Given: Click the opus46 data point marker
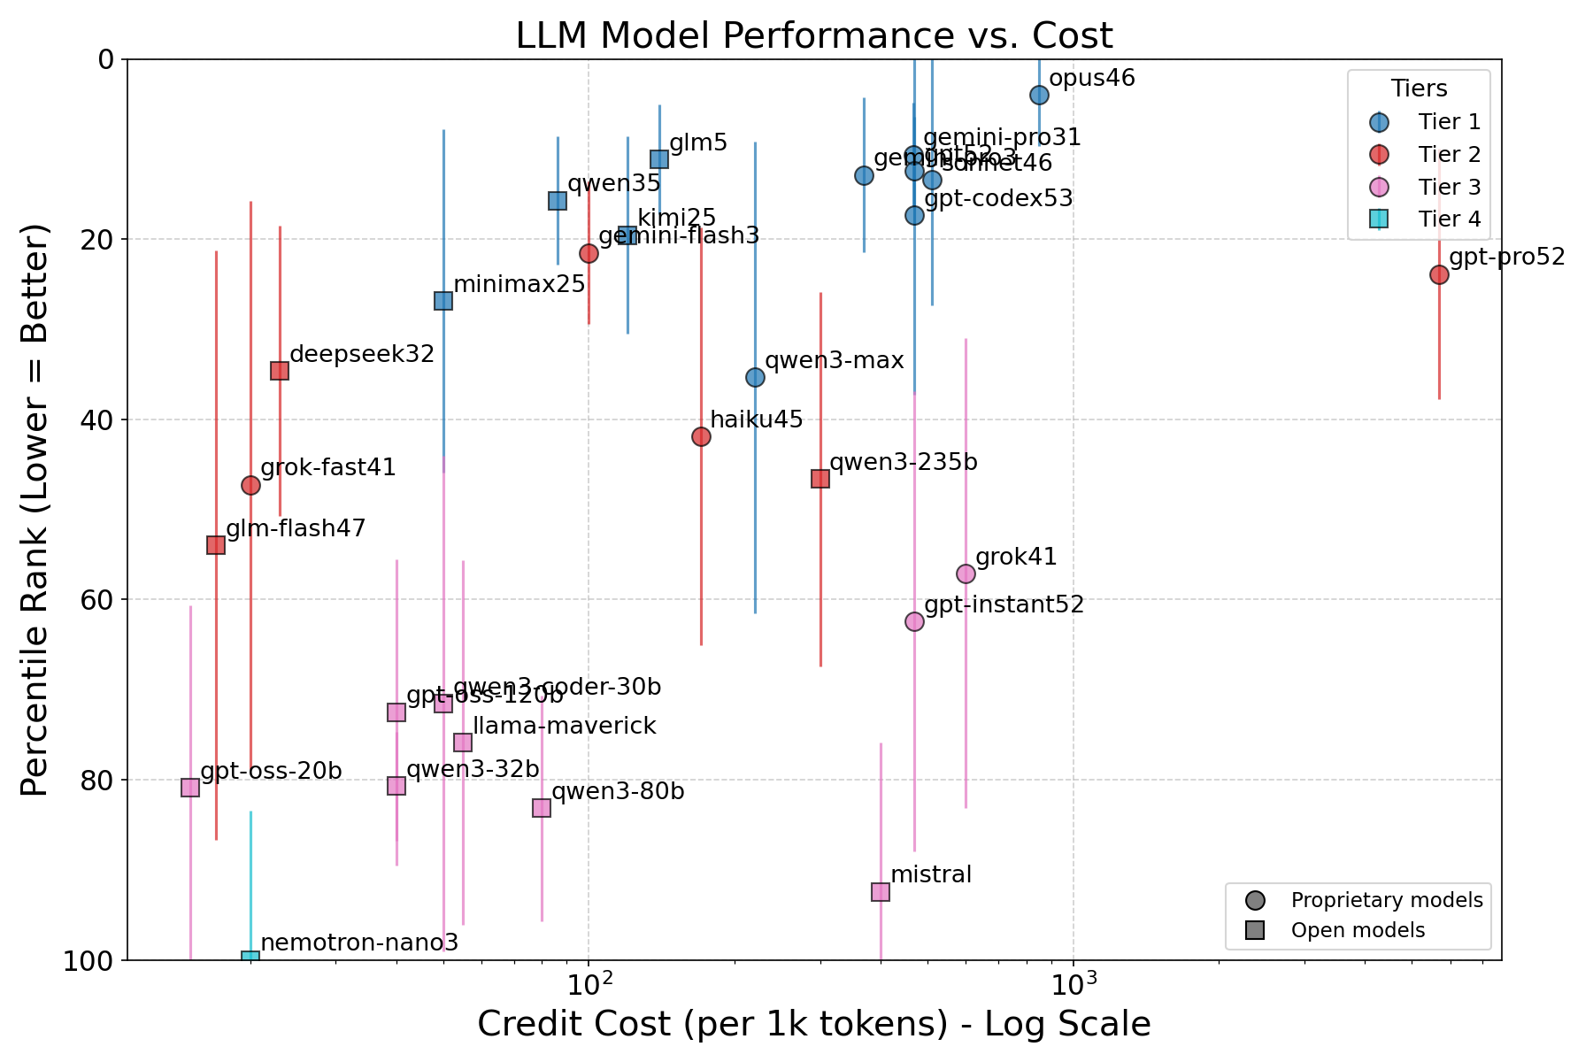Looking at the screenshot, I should (x=1039, y=95).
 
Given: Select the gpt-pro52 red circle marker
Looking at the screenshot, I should (x=1439, y=274).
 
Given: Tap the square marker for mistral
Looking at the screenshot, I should (x=881, y=891).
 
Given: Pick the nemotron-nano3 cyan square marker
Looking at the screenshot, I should (x=250, y=958).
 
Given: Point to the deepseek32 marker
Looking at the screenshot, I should (x=280, y=370).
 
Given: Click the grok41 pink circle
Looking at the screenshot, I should (x=966, y=573).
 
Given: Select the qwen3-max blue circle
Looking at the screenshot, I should (x=755, y=377).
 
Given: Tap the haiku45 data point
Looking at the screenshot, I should (x=701, y=436).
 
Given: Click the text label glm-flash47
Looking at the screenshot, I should (x=296, y=528).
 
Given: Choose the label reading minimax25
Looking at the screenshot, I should (x=519, y=284).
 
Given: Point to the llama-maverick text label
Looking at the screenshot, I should (x=565, y=726).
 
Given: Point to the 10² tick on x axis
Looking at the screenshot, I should (x=588, y=983).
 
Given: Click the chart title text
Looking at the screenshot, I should (x=814, y=35).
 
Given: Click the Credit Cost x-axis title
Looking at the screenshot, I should (x=814, y=1024).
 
